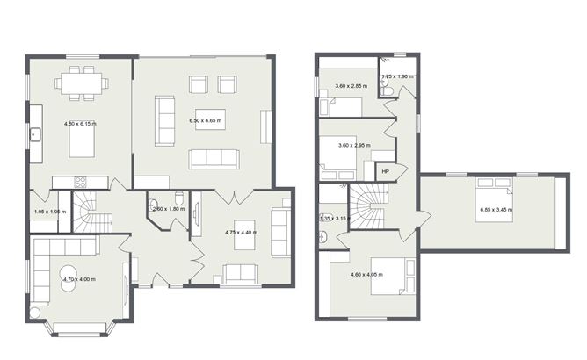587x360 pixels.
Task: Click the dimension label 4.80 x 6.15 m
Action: pyautogui.click(x=81, y=124)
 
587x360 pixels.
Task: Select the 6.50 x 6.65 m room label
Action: pyautogui.click(x=207, y=120)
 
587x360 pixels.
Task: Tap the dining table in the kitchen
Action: pyautogui.click(x=82, y=83)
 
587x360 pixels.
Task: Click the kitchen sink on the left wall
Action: pyautogui.click(x=35, y=134)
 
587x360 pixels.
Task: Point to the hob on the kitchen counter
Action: pyautogui.click(x=79, y=182)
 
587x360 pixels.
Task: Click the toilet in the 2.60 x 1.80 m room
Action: pyautogui.click(x=178, y=198)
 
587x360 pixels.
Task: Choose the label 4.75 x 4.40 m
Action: pyautogui.click(x=241, y=233)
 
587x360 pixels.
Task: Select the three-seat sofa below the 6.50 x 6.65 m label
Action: pyautogui.click(x=214, y=158)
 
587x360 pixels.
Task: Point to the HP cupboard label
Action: pyautogui.click(x=386, y=171)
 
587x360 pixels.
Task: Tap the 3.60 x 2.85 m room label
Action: pyautogui.click(x=352, y=86)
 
